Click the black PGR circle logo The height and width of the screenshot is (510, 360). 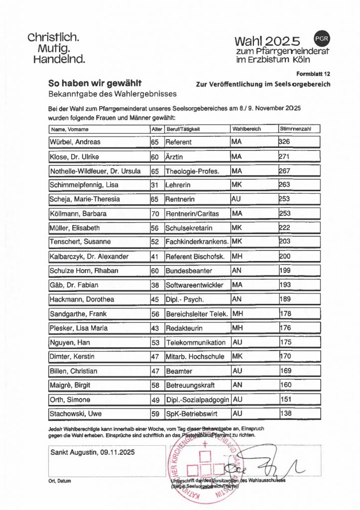click(322, 38)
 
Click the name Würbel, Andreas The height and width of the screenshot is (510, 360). click(74, 142)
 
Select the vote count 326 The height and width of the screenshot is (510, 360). click(285, 142)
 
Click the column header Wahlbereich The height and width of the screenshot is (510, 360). click(247, 129)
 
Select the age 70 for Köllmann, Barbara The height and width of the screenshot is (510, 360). click(154, 214)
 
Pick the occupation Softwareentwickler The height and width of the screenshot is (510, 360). click(194, 285)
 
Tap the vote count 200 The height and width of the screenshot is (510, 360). click(285, 256)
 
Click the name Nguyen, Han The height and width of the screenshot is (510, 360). click(69, 343)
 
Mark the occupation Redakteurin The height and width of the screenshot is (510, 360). click(184, 328)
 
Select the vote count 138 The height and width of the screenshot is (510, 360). click(285, 413)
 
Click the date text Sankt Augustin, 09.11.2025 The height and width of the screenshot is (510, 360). click(93, 453)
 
